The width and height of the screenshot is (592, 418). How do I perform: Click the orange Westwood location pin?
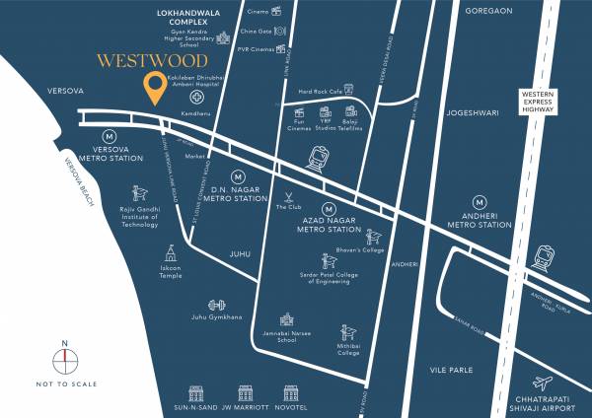[154, 88]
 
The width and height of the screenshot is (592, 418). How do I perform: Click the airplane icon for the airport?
[541, 383]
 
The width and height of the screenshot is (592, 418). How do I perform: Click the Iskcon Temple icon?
[172, 252]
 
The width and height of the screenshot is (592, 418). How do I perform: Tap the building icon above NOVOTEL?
[290, 392]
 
